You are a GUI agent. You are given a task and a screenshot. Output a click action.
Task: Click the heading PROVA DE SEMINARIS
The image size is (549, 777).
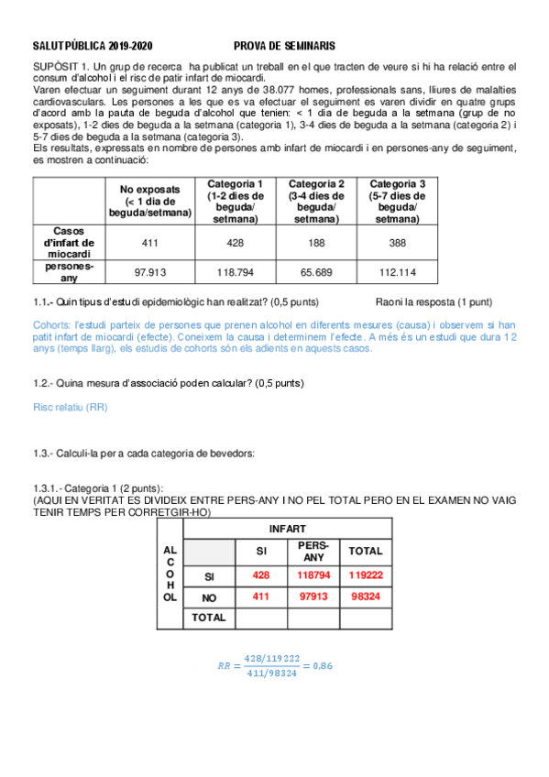coord(284,45)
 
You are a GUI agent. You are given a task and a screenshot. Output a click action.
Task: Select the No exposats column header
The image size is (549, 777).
coord(149,201)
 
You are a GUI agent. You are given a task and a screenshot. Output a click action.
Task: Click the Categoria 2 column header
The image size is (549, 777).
coord(316,201)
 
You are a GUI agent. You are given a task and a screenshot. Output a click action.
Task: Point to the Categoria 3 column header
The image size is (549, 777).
coord(397,201)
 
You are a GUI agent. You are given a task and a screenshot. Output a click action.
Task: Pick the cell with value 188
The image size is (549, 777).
coord(316,243)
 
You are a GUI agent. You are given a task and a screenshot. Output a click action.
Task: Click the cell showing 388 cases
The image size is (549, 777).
coord(397,243)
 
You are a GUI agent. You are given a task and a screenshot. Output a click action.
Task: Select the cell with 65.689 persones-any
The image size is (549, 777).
coord(316,273)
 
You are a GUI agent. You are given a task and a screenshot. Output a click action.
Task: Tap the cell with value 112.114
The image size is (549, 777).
coord(397,273)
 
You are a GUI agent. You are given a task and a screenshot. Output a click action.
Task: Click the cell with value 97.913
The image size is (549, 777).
coord(149,273)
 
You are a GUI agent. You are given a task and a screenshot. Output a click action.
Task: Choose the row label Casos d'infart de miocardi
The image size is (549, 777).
coord(70,243)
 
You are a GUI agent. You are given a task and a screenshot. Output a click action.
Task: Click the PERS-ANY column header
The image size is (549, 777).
coord(313,552)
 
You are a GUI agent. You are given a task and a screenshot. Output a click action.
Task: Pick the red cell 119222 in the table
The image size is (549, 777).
coord(366,575)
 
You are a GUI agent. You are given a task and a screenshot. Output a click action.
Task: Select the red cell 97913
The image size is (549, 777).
coord(313,596)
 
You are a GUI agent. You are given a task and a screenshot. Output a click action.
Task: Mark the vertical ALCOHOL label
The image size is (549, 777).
coord(170,573)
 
